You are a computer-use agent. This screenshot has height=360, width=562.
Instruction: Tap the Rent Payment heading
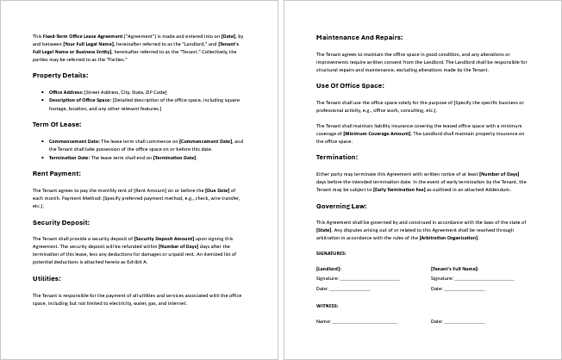pyautogui.click(x=57, y=173)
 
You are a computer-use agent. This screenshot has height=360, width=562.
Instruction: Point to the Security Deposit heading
pyautogui.click(x=61, y=221)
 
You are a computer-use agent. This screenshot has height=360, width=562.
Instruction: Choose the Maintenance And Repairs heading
pyautogui.click(x=358, y=38)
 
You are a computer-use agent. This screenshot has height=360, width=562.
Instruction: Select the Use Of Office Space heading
pyautogui.click(x=349, y=86)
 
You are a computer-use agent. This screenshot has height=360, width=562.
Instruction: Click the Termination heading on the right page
pyautogui.click(x=338, y=158)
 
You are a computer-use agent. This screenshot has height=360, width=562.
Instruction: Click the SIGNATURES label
pyautogui.click(x=331, y=253)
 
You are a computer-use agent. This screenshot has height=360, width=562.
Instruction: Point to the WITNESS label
pyautogui.click(x=327, y=305)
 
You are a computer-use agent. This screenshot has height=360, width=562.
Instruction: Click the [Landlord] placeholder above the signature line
pyautogui.click(x=328, y=269)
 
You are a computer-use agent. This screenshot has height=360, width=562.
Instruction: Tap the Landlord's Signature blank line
pyautogui.click(x=370, y=278)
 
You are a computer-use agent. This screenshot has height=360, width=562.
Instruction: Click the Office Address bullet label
pyautogui.click(x=66, y=91)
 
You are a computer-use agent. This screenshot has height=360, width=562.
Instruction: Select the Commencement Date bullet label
pyautogui.click(x=75, y=140)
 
